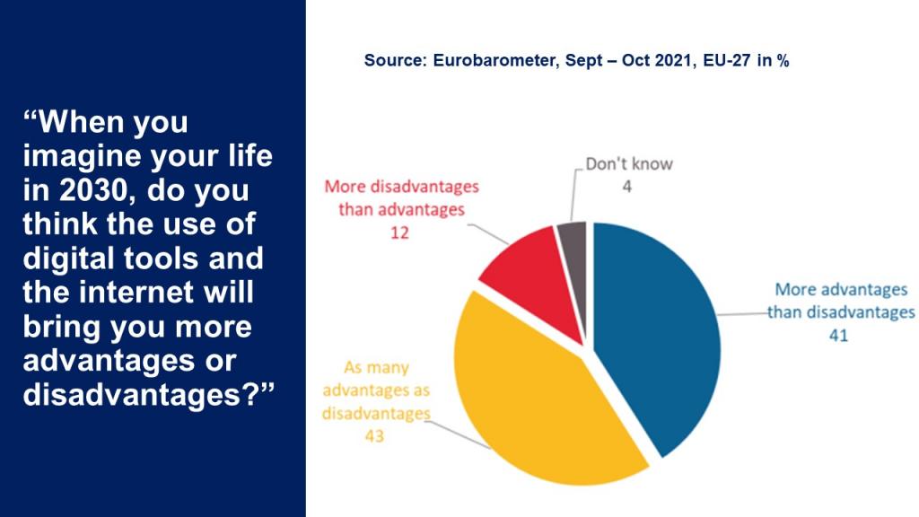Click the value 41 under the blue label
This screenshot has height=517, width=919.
[839, 337]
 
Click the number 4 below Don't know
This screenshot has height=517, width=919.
[629, 186]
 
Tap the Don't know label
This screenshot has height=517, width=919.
[629, 164]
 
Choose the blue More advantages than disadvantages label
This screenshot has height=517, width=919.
[840, 302]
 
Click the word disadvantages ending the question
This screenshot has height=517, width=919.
[135, 394]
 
